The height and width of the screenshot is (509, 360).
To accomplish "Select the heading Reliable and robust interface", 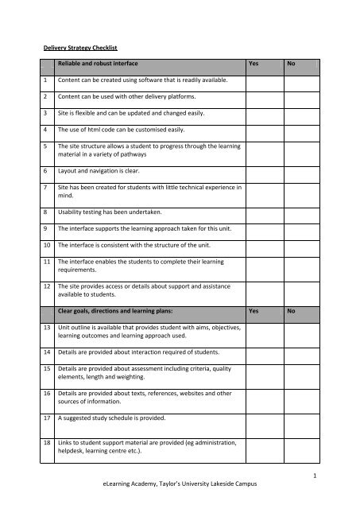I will [105, 61].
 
